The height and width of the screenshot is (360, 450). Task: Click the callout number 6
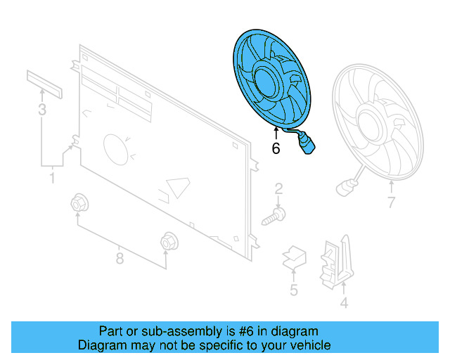276,148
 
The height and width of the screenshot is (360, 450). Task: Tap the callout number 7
392,205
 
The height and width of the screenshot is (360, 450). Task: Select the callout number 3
42,110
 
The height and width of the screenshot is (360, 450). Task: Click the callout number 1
51,179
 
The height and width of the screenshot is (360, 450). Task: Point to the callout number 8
120,259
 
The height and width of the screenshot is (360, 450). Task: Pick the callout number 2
278,188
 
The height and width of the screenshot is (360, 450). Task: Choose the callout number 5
293,290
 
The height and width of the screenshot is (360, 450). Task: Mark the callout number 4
344,304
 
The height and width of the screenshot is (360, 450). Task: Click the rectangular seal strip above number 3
45,84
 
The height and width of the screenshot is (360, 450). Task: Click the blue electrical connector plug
308,147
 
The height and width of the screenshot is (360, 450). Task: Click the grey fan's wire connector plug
345,187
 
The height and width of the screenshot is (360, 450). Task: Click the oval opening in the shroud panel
115,149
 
